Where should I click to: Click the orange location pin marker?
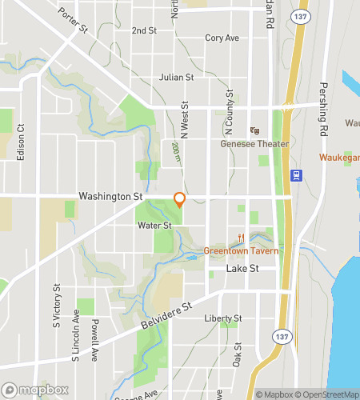click(179, 200)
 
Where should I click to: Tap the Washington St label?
click(110, 195)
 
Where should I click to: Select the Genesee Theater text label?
click(254, 144)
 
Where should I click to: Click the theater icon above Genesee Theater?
click(255, 130)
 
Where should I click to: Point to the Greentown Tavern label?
click(241, 250)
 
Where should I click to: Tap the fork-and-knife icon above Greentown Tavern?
click(241, 237)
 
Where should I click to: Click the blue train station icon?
click(296, 176)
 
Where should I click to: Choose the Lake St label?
click(242, 269)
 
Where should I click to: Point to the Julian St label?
click(176, 78)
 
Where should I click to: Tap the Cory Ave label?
click(222, 38)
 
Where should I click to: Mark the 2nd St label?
click(144, 30)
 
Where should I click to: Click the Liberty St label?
click(222, 318)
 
